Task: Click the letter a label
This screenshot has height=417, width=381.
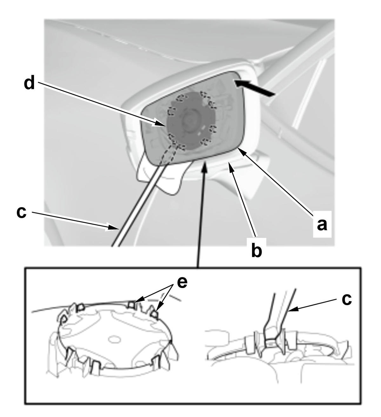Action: click(322, 224)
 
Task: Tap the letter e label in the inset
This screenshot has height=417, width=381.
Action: click(182, 283)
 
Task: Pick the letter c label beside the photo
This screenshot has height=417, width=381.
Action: click(22, 213)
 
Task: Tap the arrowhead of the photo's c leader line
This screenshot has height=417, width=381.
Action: click(114, 228)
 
